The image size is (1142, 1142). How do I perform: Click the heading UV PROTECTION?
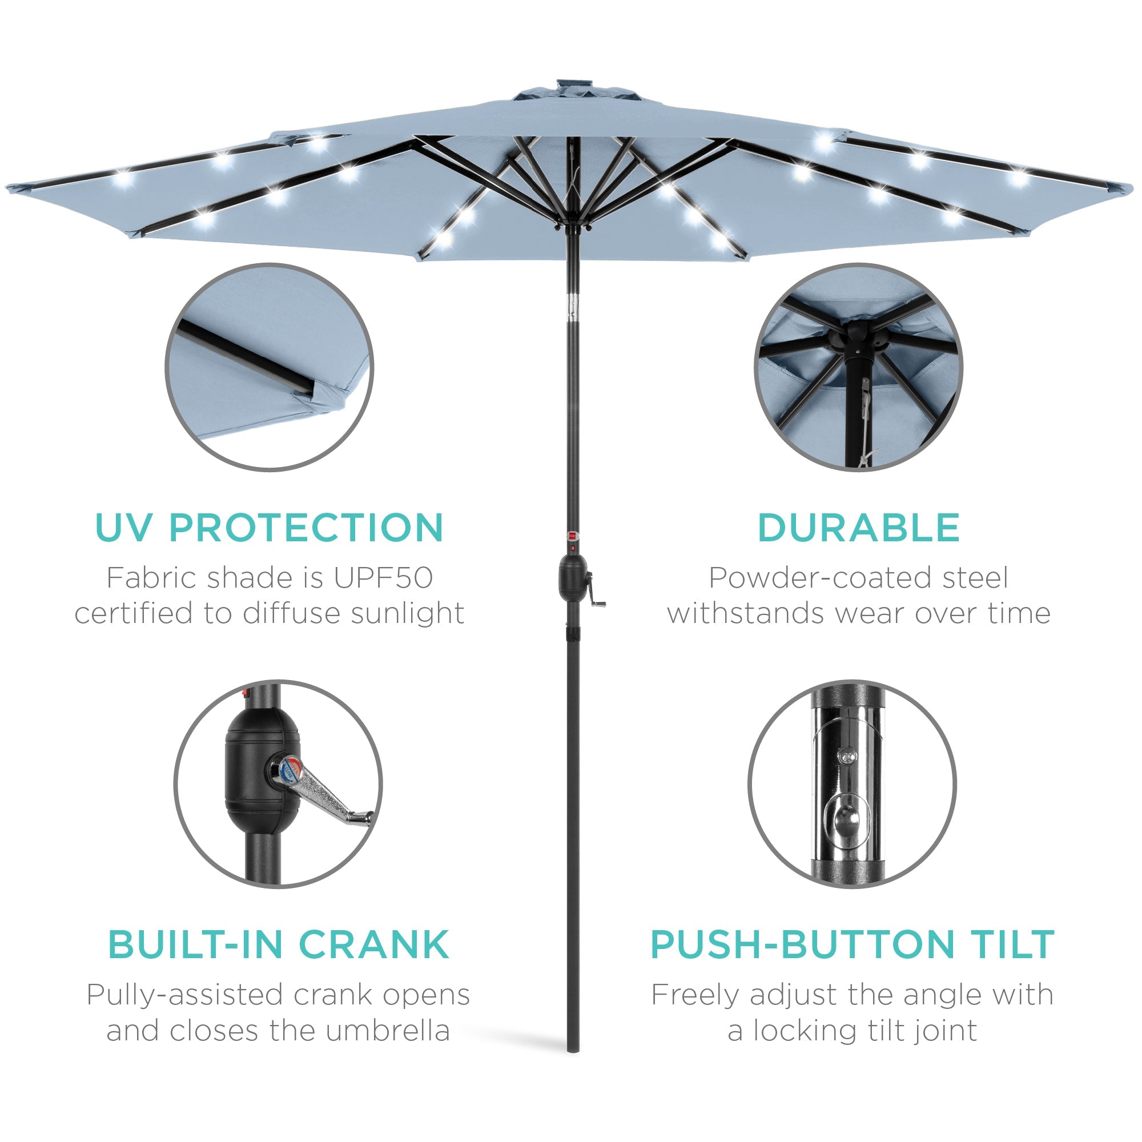pos(269,528)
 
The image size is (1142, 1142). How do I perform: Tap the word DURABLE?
pos(858,528)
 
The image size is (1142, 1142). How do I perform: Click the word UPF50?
pos(383,578)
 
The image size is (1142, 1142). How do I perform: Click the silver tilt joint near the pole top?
pos(572,305)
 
